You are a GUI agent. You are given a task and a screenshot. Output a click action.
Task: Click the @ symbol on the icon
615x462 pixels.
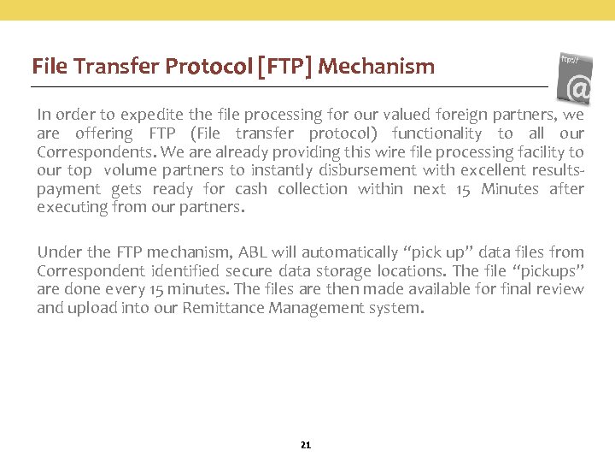point(580,87)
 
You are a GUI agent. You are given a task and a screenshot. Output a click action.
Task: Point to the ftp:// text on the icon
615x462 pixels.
point(570,60)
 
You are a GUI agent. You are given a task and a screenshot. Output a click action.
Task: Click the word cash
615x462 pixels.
point(251,189)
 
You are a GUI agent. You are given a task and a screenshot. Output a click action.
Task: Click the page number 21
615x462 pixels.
point(306,445)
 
